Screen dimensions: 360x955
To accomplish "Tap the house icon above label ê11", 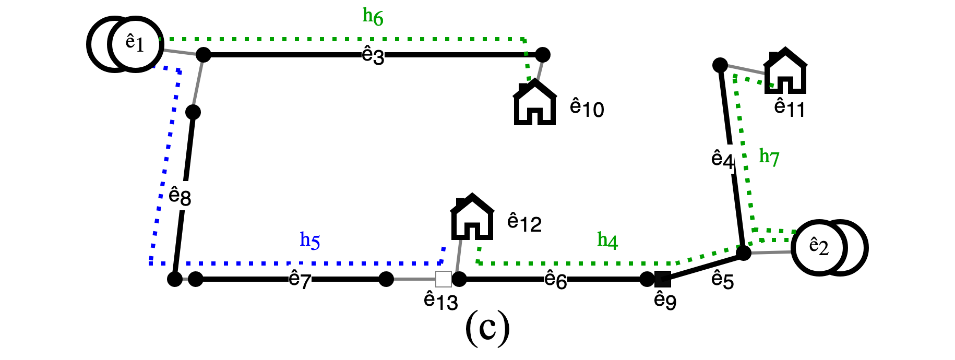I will pos(785,71).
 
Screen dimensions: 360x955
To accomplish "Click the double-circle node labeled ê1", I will pos(125,44).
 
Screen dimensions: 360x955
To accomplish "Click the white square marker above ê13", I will pos(443,279).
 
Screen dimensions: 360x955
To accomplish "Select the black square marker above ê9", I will pos(662,279).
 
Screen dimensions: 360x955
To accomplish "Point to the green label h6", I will pos(373,17).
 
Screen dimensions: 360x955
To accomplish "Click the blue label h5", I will pos(310,240).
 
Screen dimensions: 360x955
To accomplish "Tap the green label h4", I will pos(607,240).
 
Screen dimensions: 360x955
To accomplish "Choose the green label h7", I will pos(769,157).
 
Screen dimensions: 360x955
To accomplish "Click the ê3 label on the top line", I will pos(373,55).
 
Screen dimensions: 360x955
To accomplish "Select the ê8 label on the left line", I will pos(180,196).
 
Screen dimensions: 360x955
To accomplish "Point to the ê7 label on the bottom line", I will pos(300,280).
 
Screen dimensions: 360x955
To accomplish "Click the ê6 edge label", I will pos(555,280).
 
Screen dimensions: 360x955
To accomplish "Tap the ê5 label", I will pos(722,280).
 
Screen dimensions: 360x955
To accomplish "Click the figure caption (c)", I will pos(487,328).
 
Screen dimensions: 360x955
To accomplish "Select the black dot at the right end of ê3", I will pos(543,54).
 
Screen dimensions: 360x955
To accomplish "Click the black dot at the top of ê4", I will pos(720,65).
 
